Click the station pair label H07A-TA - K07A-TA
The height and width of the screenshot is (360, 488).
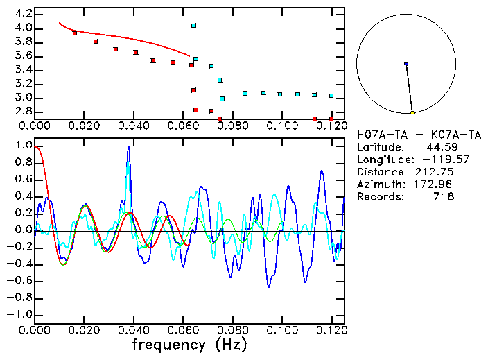coord(405,135)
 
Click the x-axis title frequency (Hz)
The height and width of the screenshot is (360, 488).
coord(189,344)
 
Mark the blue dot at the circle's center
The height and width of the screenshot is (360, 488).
coord(406,64)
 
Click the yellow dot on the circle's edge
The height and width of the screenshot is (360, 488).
coord(412,112)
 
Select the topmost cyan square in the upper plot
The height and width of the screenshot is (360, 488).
coord(193,26)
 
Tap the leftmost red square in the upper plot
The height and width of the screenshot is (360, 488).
coord(75,33)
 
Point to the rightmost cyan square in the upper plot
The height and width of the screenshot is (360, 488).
coord(331,96)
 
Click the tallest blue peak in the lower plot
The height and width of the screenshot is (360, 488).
coord(128,148)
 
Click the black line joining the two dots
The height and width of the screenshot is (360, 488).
coord(409,88)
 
